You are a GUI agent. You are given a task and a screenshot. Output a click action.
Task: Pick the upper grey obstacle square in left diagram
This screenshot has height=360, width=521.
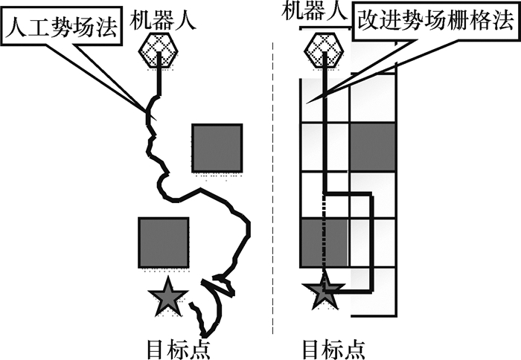pos(217,147)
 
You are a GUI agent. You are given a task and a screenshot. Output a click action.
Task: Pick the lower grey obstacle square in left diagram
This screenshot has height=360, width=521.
pos(163,242)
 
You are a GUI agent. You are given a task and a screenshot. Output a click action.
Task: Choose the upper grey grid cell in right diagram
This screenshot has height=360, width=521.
pos(372,147)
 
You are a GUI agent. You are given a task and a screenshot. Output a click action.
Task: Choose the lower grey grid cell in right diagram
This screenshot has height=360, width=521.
pos(324,242)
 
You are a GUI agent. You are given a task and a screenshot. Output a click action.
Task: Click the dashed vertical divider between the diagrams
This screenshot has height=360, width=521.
pos(275,186)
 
